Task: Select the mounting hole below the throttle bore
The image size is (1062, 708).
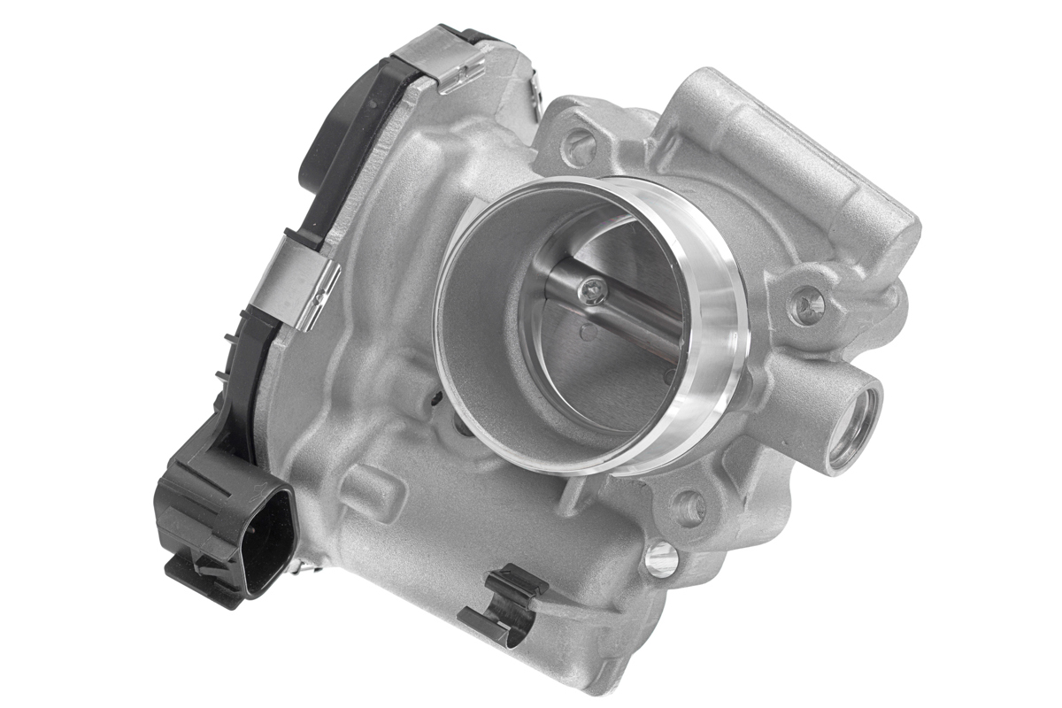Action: (x=689, y=507)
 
